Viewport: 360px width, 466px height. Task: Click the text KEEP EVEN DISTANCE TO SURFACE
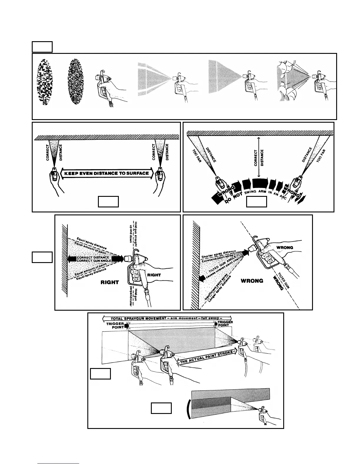point(106,173)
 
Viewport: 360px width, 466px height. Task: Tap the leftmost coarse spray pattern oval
point(44,82)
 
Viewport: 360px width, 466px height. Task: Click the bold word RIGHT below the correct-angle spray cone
point(110,282)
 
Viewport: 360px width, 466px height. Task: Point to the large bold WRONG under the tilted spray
point(252,281)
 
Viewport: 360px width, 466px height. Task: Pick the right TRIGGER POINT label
point(225,324)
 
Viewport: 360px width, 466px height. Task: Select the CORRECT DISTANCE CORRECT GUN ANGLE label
point(94,259)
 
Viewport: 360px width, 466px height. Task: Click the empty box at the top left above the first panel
point(42,47)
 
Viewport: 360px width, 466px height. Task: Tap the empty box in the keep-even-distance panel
point(108,202)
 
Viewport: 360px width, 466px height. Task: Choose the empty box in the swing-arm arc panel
point(256,202)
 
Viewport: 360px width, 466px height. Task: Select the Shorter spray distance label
point(219,254)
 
